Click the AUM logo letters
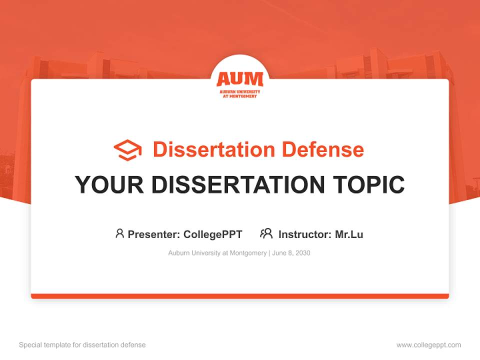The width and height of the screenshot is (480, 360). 239,79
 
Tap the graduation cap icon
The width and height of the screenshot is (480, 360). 127,150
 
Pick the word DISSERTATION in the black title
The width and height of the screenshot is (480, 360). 237,184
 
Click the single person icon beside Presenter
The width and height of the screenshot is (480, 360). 119,233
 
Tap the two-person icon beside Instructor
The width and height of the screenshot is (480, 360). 266,233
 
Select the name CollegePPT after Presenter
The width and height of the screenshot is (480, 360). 213,234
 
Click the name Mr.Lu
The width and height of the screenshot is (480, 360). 349,234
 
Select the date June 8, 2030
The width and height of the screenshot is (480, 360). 291,253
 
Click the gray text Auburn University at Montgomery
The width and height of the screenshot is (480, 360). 217,253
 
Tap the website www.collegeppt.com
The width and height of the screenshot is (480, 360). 428,345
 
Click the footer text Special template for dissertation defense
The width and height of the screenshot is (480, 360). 82,345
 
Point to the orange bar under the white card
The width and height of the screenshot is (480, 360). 240,296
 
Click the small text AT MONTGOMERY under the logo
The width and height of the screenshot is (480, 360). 239,96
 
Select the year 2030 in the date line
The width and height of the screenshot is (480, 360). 302,253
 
